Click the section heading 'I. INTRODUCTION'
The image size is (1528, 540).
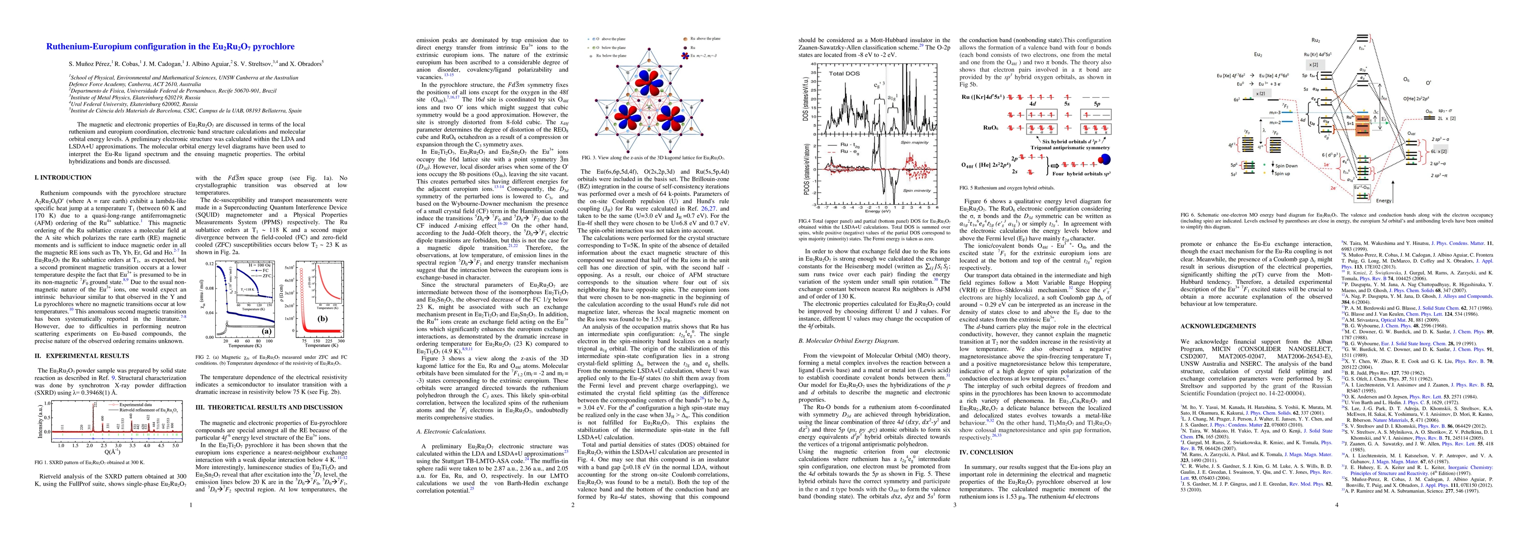(64, 177)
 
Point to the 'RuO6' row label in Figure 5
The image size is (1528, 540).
(971, 126)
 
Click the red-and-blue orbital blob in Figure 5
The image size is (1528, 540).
(1104, 159)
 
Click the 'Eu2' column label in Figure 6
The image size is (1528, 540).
(1254, 54)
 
